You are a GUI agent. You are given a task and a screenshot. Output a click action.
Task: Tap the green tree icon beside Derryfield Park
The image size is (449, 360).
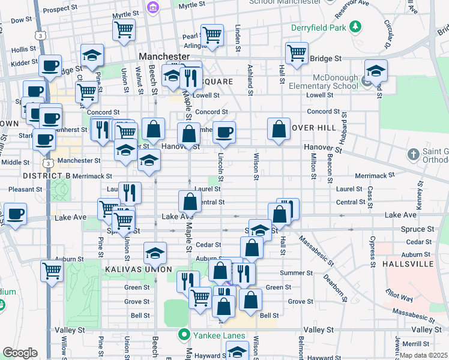(355, 26)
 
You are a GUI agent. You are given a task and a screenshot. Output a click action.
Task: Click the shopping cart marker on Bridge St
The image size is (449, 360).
(297, 53)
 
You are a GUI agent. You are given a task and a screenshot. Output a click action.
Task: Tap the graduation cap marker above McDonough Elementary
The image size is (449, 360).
(376, 70)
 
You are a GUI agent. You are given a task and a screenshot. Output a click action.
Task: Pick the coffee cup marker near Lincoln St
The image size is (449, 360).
(224, 132)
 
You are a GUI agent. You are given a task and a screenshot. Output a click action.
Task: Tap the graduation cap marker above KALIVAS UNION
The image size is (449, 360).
(155, 253)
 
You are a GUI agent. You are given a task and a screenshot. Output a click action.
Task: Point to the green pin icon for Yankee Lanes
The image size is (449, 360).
(186, 334)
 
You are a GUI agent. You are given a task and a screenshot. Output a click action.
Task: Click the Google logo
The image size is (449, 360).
(20, 353)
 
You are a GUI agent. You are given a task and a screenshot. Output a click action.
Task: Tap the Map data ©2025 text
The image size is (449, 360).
(424, 355)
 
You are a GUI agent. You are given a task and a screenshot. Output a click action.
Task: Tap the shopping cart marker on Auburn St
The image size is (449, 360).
(52, 270)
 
